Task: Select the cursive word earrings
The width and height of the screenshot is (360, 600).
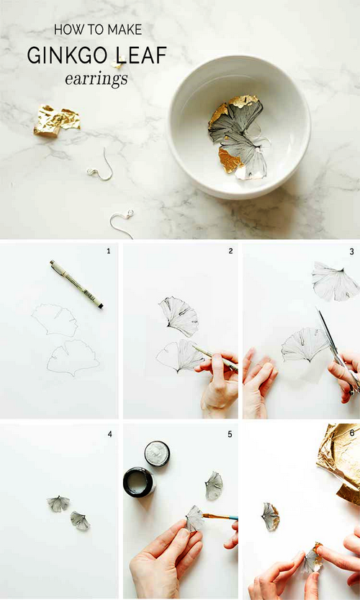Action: [x=96, y=79]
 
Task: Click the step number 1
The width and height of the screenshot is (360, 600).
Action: [x=109, y=251]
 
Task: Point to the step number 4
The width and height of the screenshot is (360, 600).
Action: [x=109, y=434]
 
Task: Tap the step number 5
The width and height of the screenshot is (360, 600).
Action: [x=230, y=434]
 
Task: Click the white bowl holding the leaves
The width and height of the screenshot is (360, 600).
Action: [x=239, y=126]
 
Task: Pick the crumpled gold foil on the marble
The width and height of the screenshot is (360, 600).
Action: [x=57, y=120]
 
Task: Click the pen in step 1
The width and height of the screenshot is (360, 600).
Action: [x=76, y=285]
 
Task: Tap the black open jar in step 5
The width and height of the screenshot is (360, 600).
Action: [x=139, y=482]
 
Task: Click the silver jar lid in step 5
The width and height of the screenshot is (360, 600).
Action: [x=157, y=454]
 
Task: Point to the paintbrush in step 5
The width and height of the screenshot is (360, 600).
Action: [x=220, y=517]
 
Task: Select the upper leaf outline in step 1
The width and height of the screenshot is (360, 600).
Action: [x=55, y=320]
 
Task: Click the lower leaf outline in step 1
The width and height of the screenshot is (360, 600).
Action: [x=73, y=358]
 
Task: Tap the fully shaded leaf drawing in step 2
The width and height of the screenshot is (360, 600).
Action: [x=179, y=316]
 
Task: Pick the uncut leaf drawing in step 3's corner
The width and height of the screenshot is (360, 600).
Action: [x=336, y=281]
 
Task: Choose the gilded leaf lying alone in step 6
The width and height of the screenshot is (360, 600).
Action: [x=271, y=516]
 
